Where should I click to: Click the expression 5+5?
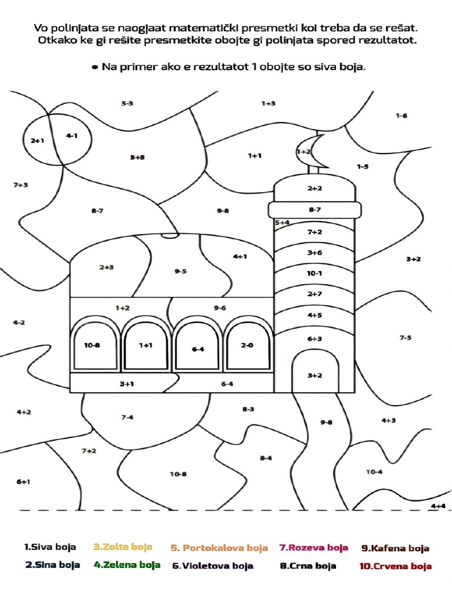[x=137, y=157]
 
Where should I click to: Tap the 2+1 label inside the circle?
[x=38, y=141]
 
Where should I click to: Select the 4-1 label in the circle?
[x=72, y=136]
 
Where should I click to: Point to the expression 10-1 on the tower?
[x=314, y=273]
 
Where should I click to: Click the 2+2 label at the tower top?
[x=314, y=188]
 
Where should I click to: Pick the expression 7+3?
[x=21, y=185]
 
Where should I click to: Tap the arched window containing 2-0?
[x=247, y=347]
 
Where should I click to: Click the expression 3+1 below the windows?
[x=127, y=384]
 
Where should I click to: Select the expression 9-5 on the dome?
[x=181, y=271]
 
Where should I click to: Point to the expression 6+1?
[x=23, y=481]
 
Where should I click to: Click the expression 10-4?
[x=374, y=471]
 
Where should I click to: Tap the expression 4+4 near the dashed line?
[x=438, y=506]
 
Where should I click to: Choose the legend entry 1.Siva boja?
[x=50, y=547]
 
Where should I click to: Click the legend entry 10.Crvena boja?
[x=395, y=566]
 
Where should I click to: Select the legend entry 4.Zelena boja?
[x=127, y=565]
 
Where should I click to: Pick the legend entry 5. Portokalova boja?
[x=219, y=548]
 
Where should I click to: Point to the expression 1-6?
[x=401, y=116]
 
